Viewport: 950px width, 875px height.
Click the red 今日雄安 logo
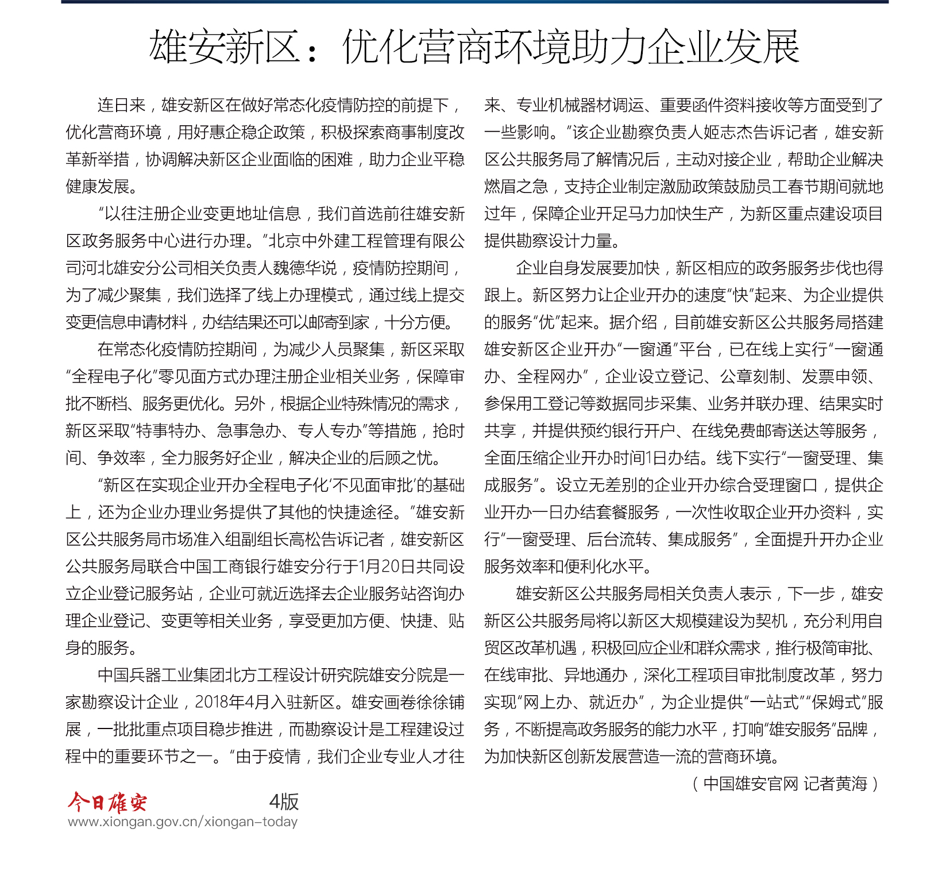107,801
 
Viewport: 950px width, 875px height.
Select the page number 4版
284,801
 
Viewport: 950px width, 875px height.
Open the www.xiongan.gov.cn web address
183,822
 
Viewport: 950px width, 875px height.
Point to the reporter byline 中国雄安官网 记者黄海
785,784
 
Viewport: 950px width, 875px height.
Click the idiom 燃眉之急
516,187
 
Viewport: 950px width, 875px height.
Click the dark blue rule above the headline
474,2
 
